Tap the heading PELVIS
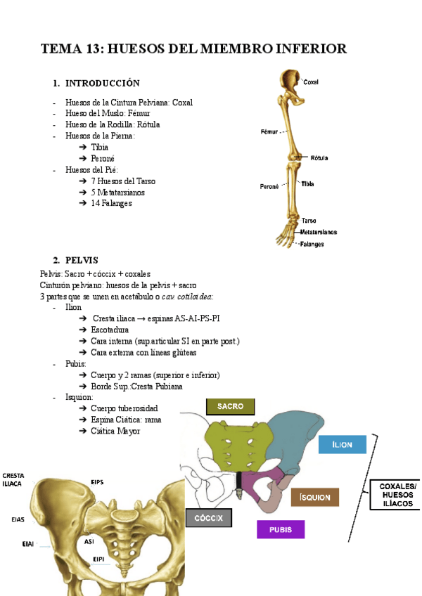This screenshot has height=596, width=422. point(81,260)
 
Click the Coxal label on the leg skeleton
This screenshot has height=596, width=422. point(311,82)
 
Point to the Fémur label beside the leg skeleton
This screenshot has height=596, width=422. point(269,131)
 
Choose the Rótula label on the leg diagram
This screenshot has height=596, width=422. point(319,158)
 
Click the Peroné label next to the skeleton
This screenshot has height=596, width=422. point(269,186)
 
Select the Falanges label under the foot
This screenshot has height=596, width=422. point(312,244)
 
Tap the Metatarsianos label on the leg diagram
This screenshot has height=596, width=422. point(319,232)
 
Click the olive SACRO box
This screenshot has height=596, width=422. point(230,407)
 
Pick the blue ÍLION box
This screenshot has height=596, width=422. point(343,445)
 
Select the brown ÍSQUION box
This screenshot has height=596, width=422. point(315,497)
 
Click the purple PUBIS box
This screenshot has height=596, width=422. point(281,529)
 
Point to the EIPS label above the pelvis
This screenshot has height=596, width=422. point(98,481)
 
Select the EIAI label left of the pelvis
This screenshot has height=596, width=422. point(28,543)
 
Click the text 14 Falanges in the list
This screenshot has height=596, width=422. point(111,204)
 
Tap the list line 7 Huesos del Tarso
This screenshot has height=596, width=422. point(123,181)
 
